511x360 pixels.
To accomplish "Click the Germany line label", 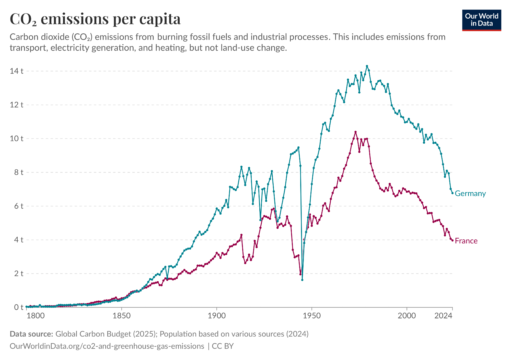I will pyautogui.click(x=470, y=194).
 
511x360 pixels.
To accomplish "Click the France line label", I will pyautogui.click(x=466, y=241).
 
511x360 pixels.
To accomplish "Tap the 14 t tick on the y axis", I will pyautogui.click(x=16, y=71).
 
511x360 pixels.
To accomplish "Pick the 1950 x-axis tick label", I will pyautogui.click(x=311, y=316).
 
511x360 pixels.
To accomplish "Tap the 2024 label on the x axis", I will pyautogui.click(x=444, y=316).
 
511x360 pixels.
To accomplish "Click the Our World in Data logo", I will pyautogui.click(x=482, y=20).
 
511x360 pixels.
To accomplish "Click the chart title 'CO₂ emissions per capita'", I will pyautogui.click(x=95, y=19).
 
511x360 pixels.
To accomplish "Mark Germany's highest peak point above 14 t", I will pyautogui.click(x=367, y=66).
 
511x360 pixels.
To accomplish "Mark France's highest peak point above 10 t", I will pyautogui.click(x=355, y=132).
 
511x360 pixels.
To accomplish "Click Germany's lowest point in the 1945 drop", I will pyautogui.click(x=302, y=280).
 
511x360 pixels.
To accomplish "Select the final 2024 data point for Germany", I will pyautogui.click(x=452, y=193).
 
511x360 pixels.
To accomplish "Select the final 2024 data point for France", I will pyautogui.click(x=452, y=240).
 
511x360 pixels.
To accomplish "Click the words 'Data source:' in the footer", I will pyautogui.click(x=31, y=334).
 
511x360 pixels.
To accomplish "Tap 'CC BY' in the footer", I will pyautogui.click(x=223, y=346).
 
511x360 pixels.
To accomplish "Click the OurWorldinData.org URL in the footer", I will pyautogui.click(x=107, y=346).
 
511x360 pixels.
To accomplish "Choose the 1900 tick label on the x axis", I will pyautogui.click(x=216, y=316).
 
